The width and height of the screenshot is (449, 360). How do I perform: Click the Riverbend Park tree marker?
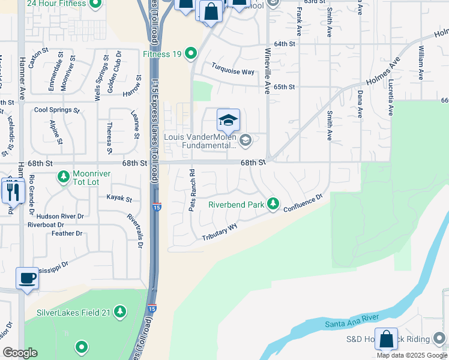coord(273,204)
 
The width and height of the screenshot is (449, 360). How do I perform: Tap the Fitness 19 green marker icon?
coord(191,54)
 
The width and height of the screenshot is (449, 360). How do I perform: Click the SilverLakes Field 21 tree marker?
coord(121,312)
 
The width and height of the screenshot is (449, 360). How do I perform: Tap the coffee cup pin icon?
coord(26,278)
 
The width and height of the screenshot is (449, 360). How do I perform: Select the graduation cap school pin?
coord(228,121)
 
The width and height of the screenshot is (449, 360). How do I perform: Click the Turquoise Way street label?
coord(233,71)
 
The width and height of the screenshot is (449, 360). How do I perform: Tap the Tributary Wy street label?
coord(220,232)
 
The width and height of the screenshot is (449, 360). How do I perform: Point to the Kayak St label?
coord(119,198)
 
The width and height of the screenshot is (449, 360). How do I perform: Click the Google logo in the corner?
coord(20,353)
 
